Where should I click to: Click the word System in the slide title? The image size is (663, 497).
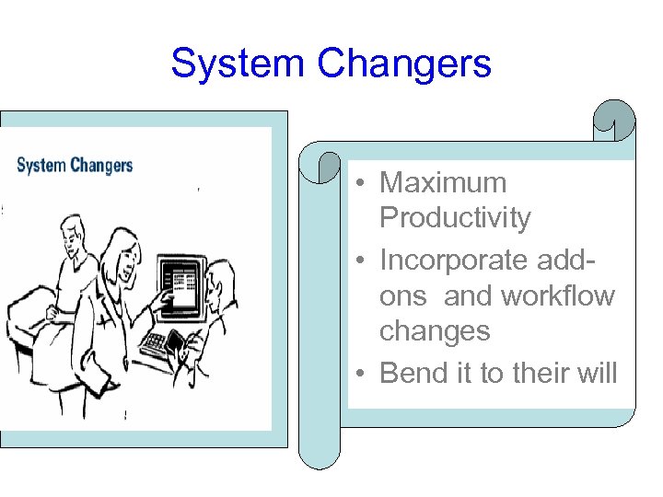click(238, 64)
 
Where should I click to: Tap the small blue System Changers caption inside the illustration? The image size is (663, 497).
click(75, 166)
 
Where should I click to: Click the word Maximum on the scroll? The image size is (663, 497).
click(443, 182)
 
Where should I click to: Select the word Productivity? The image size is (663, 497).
click(455, 218)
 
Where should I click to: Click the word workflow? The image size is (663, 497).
click(557, 296)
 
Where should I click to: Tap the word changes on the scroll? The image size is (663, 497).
click(435, 330)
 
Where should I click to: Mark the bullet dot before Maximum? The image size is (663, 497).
click(365, 184)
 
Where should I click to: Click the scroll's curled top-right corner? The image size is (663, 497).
click(614, 121)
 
